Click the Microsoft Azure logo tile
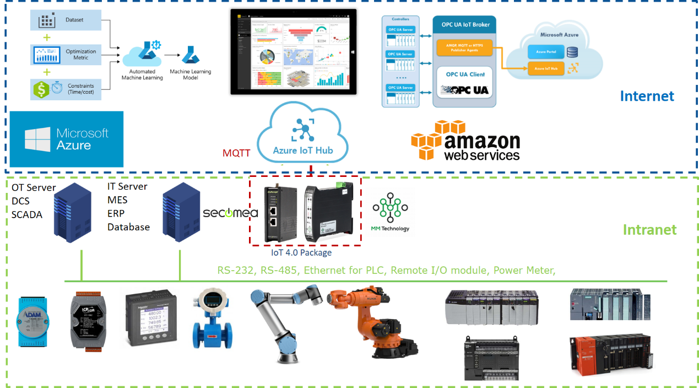67,139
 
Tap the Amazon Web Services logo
465,141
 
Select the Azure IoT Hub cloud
302,135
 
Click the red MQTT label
236,153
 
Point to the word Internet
647,96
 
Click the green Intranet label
649,229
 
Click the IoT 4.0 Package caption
301,252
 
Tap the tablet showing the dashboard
293,51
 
